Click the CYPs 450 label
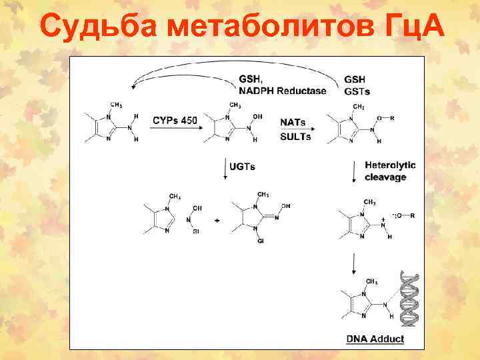coord(175,120)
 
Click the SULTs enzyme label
coord(296,137)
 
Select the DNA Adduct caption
coord(375,339)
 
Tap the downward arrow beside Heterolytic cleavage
coord(353,173)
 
